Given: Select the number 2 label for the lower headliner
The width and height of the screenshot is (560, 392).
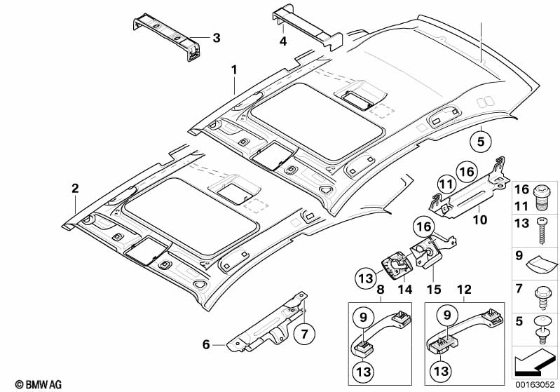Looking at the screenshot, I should [x=75, y=188].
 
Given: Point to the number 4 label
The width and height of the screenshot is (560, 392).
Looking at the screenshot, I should [x=282, y=41].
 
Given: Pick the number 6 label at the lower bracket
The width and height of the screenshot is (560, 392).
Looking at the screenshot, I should [x=206, y=344].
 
